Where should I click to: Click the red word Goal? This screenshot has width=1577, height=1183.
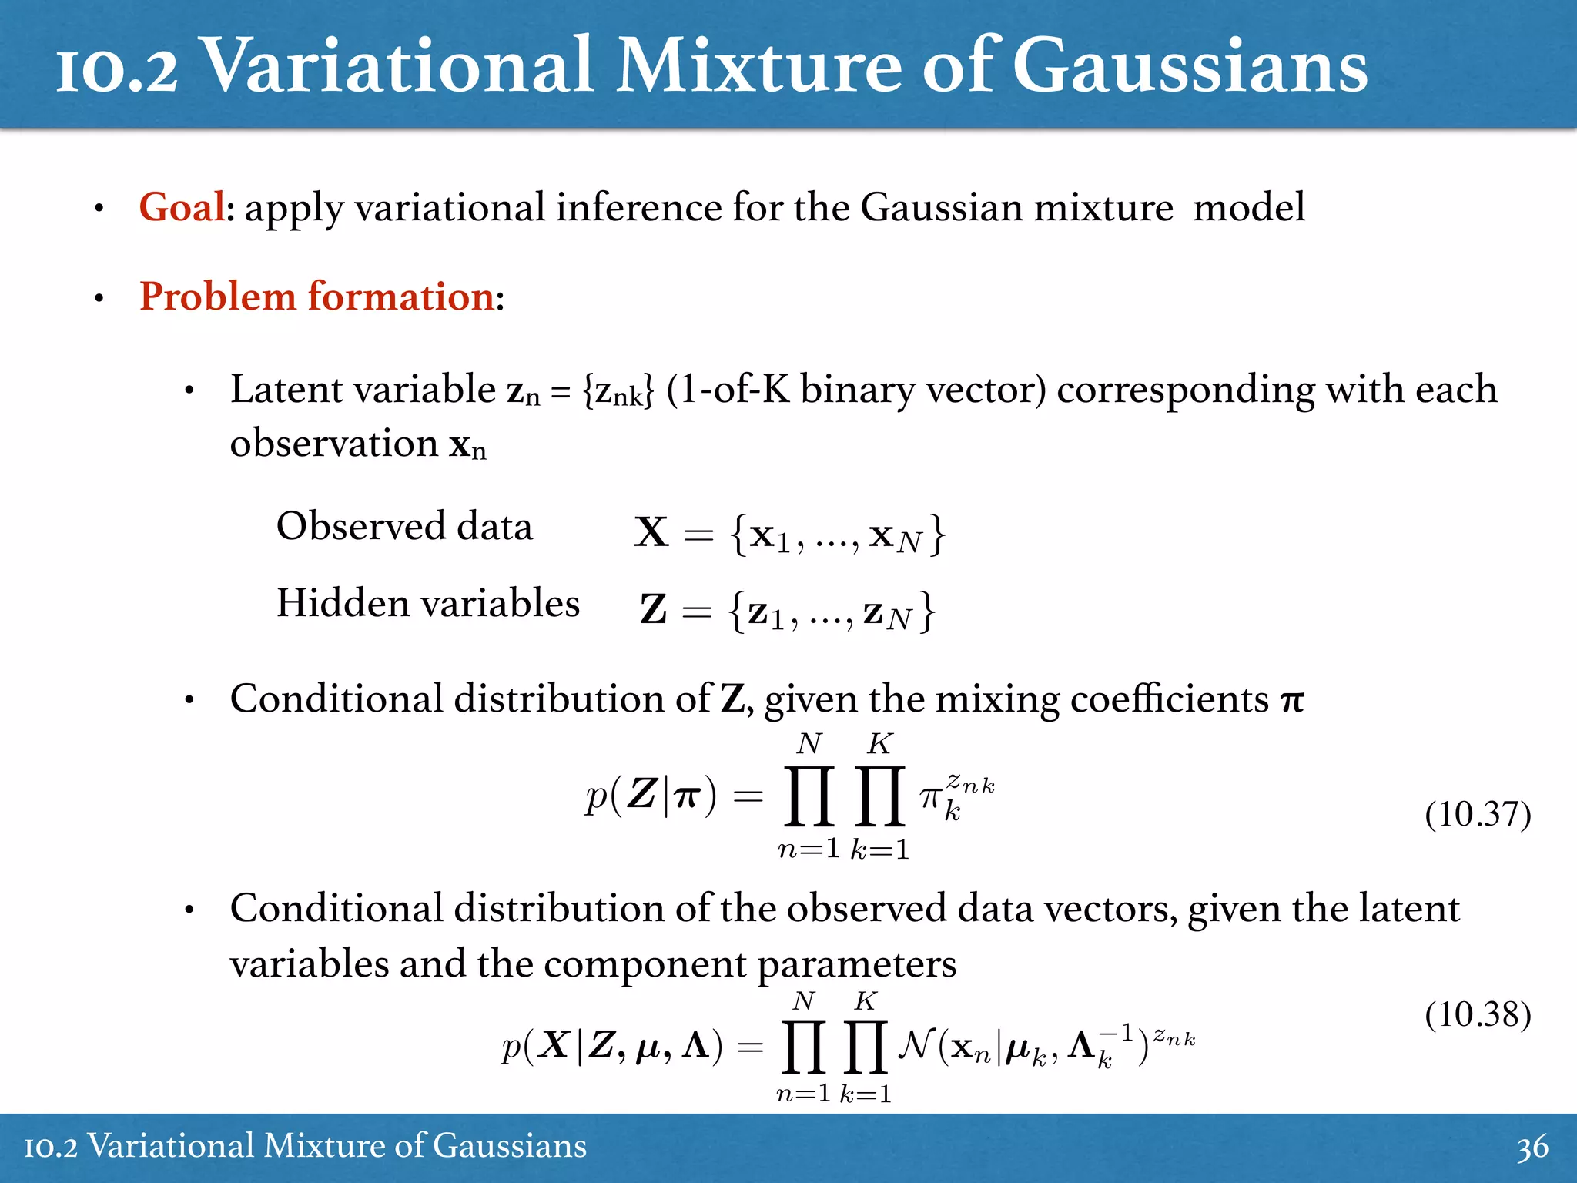182,207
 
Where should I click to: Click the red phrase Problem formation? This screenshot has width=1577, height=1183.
316,297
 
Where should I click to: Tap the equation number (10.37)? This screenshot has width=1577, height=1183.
1478,815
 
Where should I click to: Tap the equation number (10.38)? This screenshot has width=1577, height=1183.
1478,1015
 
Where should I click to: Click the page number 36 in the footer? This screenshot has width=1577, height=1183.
1532,1148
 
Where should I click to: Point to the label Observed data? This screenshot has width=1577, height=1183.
404,527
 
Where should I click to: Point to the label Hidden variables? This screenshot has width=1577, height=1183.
428,603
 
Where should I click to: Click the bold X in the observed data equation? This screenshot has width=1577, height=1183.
651,532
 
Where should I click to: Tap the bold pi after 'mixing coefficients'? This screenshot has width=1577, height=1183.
1292,701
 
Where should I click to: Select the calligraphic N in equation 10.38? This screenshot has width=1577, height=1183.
916,1045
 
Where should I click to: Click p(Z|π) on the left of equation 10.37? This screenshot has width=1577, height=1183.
651,796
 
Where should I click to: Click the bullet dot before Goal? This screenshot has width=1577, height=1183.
99,209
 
